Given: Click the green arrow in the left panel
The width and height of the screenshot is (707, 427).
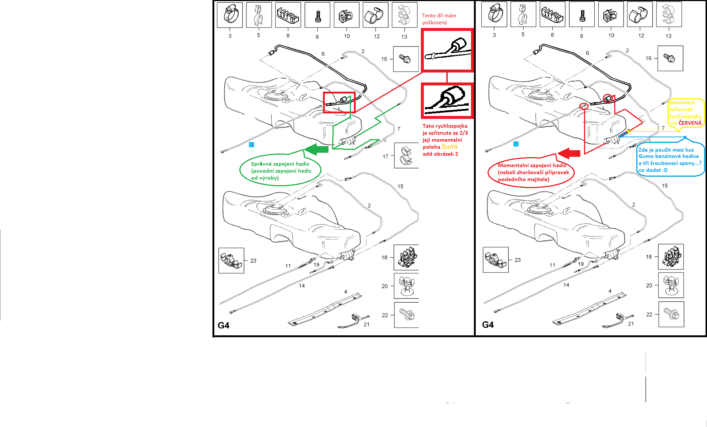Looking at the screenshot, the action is point(316,149).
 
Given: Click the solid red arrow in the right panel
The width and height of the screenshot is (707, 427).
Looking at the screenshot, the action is point(569,153).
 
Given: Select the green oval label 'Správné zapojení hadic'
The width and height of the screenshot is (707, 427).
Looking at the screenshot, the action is point(281,170).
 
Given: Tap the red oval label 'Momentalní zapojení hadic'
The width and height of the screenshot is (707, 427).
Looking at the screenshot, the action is point(531,172).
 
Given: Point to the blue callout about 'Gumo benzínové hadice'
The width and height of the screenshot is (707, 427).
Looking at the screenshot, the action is point(670,160).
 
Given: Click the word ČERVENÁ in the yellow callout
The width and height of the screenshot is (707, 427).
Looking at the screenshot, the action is point(690,123).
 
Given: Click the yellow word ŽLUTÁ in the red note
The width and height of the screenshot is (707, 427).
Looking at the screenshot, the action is point(450,147).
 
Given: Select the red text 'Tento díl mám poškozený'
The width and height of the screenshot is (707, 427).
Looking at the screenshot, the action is point(439,19).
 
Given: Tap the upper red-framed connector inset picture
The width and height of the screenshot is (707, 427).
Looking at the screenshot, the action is point(447,50).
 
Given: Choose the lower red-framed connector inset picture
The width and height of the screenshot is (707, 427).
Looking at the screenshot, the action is point(447,100).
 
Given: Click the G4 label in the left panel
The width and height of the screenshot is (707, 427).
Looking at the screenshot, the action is point(224,325).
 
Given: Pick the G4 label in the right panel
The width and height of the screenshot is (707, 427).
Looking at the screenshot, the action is point(488,325).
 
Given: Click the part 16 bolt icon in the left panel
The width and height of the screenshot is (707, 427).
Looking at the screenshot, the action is point(406,59).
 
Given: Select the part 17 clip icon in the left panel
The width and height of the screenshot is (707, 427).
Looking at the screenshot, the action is point(407,155).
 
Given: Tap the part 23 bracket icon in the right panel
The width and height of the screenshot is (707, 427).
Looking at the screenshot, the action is point(496,260).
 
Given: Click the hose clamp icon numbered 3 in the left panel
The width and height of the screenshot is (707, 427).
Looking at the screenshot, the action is point(230,15).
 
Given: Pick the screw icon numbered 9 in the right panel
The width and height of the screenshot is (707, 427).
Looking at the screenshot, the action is point(582,14).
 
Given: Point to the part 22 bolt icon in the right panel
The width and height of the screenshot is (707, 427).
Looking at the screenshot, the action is point(671,314).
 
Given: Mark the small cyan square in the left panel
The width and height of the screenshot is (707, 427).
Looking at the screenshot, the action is point(252,145).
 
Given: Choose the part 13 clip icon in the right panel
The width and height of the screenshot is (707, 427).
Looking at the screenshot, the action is point(669,14).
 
